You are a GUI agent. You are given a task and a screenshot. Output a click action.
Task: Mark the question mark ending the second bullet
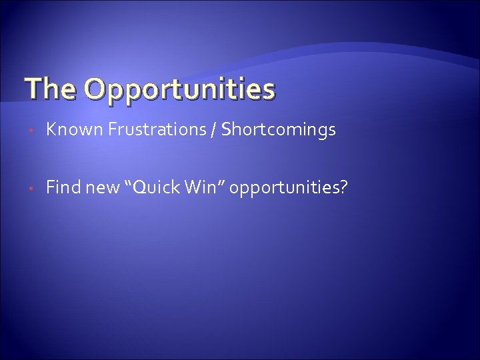point(343,189)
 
